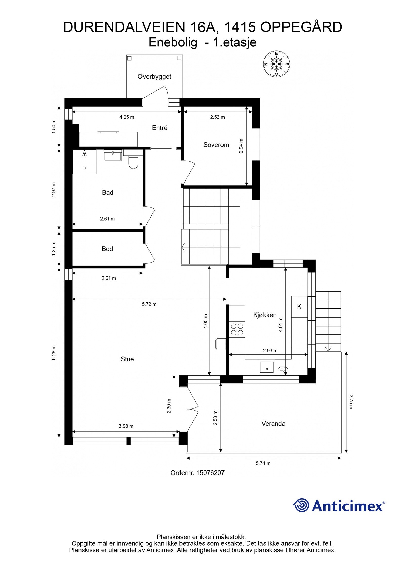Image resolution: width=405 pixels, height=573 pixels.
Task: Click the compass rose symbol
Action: click(276, 64)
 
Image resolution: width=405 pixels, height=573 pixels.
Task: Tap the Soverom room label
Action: click(216, 145)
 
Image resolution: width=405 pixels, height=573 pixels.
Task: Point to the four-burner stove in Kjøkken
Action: click(237, 329)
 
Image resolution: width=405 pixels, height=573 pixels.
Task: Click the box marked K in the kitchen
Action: click(299, 307)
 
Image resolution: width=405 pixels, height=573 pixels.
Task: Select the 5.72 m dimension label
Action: click(149, 304)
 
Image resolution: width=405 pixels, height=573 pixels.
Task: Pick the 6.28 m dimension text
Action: click(54, 352)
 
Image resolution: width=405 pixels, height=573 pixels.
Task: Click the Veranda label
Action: click(273, 424)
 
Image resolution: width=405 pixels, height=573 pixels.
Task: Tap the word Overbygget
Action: click(154, 76)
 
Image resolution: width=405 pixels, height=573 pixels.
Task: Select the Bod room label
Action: click(107, 249)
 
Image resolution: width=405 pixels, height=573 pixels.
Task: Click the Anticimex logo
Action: click(339, 506)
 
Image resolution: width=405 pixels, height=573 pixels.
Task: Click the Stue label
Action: click(127, 359)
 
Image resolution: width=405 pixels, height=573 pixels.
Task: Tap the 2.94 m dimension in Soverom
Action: click(241, 146)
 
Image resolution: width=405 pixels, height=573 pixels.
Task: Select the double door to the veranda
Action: click(193, 409)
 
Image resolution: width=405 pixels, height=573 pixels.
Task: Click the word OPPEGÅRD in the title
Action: click(301, 27)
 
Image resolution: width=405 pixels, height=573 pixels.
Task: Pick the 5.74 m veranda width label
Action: click(263, 463)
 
